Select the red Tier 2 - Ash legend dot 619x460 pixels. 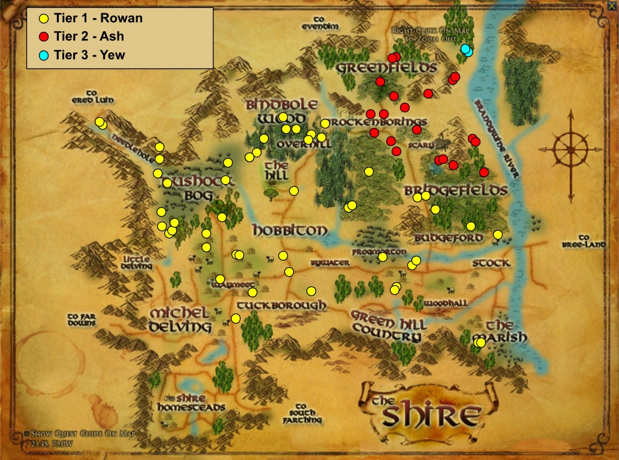click(x=43, y=37)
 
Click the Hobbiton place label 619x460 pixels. click(x=290, y=231)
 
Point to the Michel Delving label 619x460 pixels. click(x=180, y=320)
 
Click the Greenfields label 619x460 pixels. click(x=386, y=68)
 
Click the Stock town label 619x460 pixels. click(x=491, y=263)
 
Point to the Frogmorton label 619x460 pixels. click(x=380, y=252)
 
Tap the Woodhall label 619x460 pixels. click(x=446, y=304)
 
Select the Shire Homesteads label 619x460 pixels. click(x=190, y=403)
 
